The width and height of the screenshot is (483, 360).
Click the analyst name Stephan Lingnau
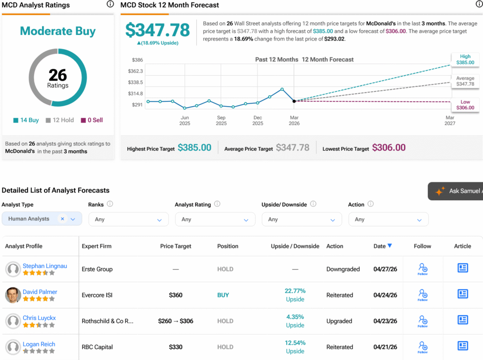point(45,266)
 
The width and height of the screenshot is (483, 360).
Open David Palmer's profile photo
point(13,295)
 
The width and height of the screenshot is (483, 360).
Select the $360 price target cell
point(175,295)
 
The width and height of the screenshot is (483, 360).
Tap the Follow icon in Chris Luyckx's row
point(423,321)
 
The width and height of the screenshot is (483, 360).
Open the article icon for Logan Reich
point(463,346)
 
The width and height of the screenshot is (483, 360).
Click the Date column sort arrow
point(390,245)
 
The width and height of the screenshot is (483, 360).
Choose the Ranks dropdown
point(128,220)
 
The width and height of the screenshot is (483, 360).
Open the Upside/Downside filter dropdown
point(302,220)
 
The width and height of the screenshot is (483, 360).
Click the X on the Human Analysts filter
point(63,219)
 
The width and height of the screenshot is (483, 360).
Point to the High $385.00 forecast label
point(465,59)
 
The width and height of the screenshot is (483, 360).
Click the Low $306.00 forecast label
point(465,105)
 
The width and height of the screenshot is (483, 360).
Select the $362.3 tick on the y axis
point(135,71)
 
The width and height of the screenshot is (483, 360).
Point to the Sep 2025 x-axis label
point(221,120)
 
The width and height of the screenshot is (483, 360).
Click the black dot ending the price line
point(294,101)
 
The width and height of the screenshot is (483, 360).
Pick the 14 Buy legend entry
point(26,120)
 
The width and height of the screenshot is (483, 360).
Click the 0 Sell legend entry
point(92,120)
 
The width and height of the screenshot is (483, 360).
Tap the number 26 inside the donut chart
point(58,75)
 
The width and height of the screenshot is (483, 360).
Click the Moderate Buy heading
point(58,31)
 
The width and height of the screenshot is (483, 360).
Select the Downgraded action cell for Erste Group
point(343,269)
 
